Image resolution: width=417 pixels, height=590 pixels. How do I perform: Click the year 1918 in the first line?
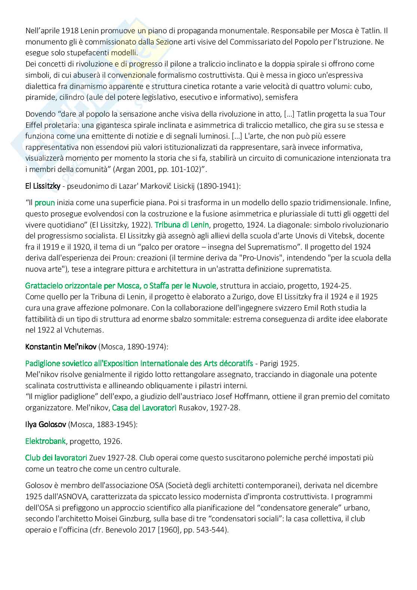(62, 31)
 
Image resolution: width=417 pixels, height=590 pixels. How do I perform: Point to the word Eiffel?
(35, 125)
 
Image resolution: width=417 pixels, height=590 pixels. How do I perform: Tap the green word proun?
(45, 203)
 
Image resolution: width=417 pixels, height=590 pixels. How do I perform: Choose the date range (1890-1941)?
(216, 186)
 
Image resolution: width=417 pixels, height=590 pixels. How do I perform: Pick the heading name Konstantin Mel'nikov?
(61, 346)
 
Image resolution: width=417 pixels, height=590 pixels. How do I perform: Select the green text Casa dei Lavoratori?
(144, 408)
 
